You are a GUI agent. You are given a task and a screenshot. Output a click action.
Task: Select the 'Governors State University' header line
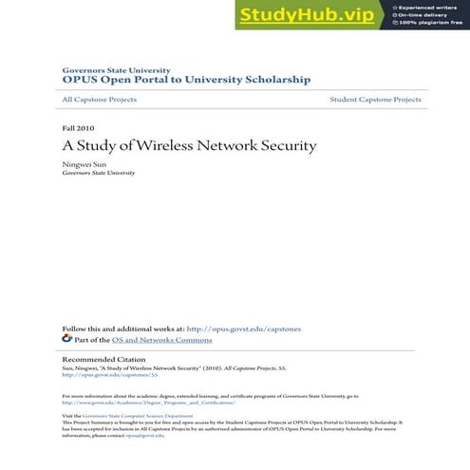(x=116, y=70)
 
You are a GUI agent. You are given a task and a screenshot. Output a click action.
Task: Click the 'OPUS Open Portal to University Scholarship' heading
(x=185, y=81)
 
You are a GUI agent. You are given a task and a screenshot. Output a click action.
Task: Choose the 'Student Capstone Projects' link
(x=375, y=100)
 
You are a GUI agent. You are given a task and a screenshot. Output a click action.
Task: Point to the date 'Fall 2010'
(x=78, y=127)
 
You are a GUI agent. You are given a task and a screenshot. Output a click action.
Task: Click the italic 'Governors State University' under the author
(x=99, y=174)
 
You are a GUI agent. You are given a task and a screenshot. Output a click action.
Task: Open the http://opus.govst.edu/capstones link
(x=244, y=329)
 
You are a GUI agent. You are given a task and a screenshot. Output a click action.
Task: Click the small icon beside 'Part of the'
(x=67, y=339)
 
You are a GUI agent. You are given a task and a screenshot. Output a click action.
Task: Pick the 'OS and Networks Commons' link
(x=161, y=340)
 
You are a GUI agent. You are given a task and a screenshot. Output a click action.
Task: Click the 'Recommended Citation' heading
(x=103, y=360)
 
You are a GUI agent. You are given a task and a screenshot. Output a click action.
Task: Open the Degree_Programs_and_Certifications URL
(x=148, y=403)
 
